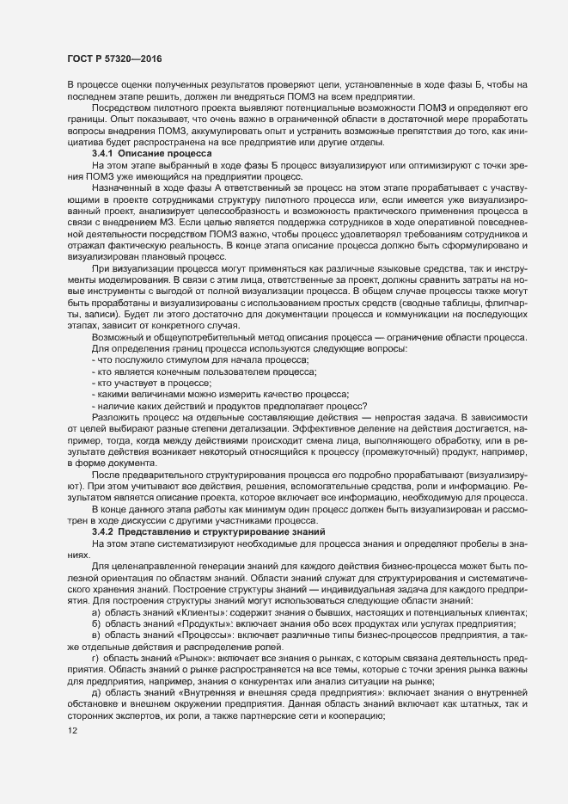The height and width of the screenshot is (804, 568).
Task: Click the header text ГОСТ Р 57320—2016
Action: pyautogui.click(x=113, y=58)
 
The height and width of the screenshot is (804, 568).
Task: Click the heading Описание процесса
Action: pyautogui.click(x=165, y=152)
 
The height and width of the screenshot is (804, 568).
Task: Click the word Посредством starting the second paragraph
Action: pyautogui.click(x=122, y=107)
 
